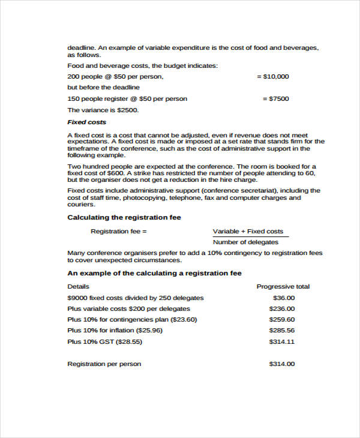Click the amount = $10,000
tap(272, 76)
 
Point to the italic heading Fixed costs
tap(86, 122)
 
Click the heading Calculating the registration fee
tap(124, 217)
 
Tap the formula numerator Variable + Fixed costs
tap(248, 231)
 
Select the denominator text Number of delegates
tap(246, 242)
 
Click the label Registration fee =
tap(118, 231)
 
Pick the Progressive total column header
tap(283, 287)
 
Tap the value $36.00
tap(284, 298)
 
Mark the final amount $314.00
tap(282, 364)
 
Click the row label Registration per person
tap(104, 364)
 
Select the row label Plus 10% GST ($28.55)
tap(104, 341)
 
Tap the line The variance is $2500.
tap(103, 110)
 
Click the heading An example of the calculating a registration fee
tap(154, 273)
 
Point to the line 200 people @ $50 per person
tap(115, 77)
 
